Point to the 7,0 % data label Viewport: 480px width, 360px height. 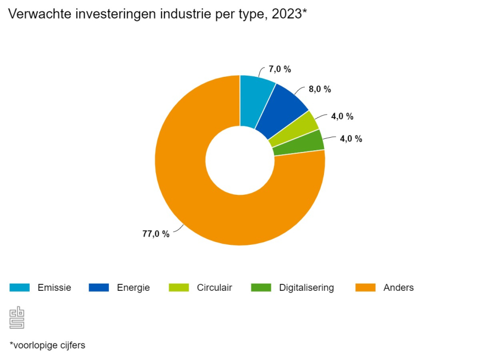280,69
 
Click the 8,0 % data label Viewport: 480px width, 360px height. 320,89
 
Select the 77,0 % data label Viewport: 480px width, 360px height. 156,234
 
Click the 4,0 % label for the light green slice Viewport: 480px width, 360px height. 342,116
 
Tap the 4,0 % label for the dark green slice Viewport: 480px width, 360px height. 351,139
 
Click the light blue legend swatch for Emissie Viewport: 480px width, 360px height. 19,288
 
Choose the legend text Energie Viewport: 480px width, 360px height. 133,288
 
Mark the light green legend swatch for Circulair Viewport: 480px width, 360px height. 178,288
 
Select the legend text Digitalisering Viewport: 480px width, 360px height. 306,288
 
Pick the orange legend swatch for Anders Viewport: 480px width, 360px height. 365,288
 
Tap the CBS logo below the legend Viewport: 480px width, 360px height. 17,318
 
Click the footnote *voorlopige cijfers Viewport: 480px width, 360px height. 47,345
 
